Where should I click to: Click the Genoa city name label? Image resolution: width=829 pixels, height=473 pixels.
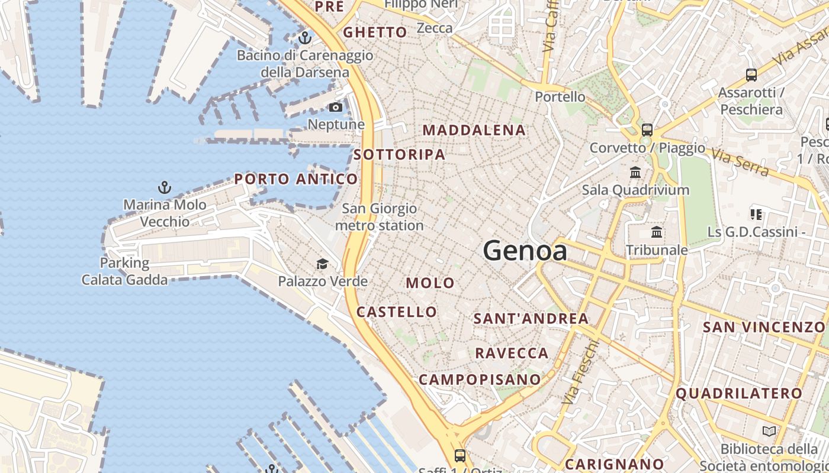[x=525, y=251]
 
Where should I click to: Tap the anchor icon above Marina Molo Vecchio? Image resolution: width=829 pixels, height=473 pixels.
[x=165, y=188]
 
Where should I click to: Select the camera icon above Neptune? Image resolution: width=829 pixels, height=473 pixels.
[x=336, y=108]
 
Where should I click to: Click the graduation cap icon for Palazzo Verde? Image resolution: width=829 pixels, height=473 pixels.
[x=322, y=264]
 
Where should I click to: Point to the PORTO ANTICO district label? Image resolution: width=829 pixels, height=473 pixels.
[x=296, y=179]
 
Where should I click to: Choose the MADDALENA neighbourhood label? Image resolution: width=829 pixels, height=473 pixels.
[x=474, y=130]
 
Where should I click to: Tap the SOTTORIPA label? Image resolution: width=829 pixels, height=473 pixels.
[x=399, y=155]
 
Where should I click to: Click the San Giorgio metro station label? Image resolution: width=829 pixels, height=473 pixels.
[x=380, y=217]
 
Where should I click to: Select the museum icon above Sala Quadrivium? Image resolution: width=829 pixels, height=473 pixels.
[x=636, y=173]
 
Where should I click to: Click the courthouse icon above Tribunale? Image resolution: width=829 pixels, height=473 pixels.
[x=657, y=232]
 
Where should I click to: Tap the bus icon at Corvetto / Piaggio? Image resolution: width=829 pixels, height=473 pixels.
[x=647, y=130]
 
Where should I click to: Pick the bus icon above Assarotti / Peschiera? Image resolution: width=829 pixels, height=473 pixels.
[x=751, y=75]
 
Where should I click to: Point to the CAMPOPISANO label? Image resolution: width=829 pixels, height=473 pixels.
[x=480, y=380]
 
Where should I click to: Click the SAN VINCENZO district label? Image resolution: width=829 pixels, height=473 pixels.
[x=763, y=327]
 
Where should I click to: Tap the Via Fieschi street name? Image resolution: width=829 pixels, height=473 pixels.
[x=579, y=372]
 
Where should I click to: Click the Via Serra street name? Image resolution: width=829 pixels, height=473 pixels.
[x=740, y=163]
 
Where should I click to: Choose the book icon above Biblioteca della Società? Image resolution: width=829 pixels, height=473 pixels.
[x=769, y=432]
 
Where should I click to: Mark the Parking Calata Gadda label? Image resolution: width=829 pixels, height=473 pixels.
[x=124, y=271]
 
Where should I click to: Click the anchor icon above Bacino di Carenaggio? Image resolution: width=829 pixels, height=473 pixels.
[x=305, y=38]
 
